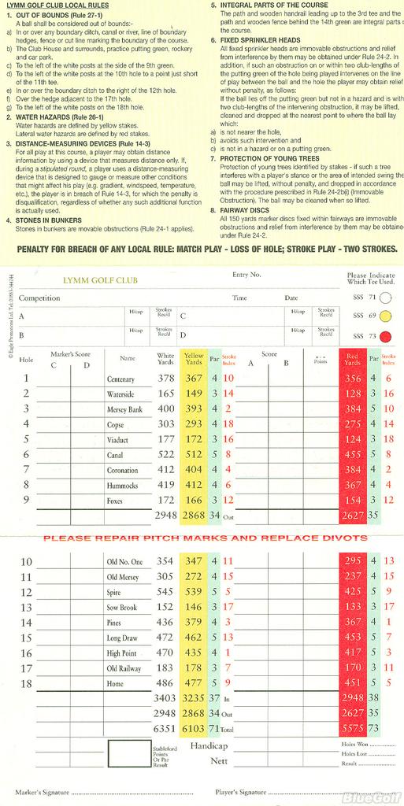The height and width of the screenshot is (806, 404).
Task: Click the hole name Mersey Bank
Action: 124,409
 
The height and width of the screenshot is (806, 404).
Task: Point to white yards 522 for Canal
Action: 166,455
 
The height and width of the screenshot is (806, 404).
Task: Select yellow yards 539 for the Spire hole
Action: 194,591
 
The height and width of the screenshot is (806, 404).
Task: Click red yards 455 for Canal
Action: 354,455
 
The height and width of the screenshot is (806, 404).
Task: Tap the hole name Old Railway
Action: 124,668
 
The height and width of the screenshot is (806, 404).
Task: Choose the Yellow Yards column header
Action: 194,359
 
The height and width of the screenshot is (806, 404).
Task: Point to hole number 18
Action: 26,683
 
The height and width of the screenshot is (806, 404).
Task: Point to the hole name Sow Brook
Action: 122,608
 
